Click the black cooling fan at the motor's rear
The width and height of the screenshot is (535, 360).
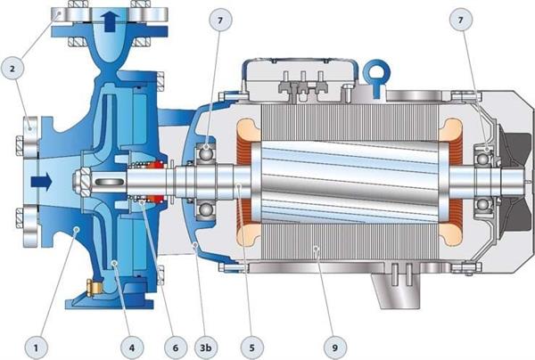(508, 183)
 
